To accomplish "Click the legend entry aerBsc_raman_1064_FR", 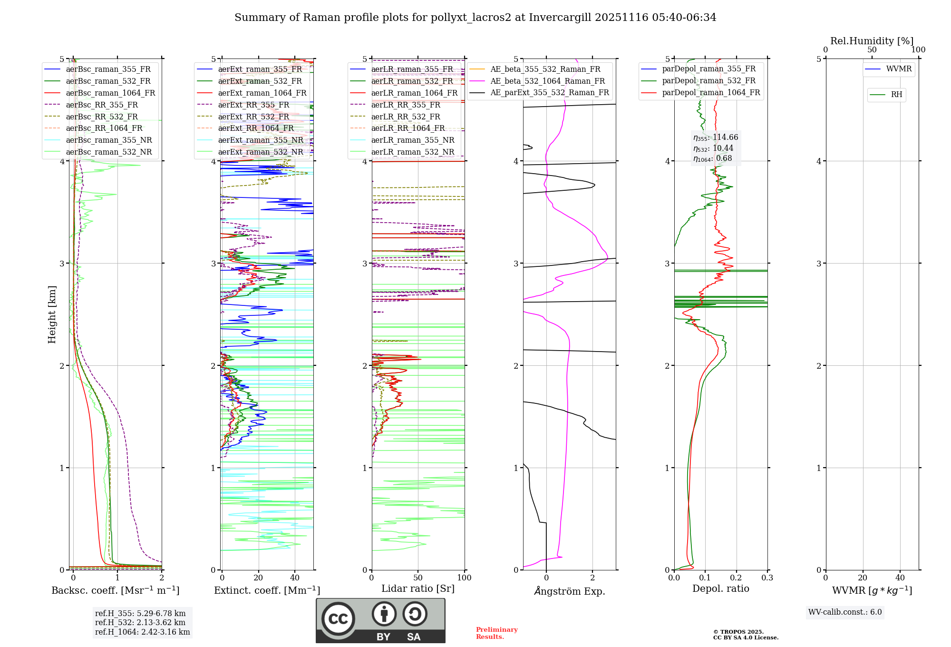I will coord(110,93).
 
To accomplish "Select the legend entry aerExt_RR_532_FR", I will coord(253,117).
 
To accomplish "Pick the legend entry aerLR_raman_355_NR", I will coord(412,140).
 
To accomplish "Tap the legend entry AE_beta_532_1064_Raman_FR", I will coord(547,81).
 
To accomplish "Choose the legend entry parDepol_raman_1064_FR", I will coord(711,92).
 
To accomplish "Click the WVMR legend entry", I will coord(899,69).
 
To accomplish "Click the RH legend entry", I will coord(896,95).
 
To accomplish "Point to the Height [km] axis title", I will coord(52,314).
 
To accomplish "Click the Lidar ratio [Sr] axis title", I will coord(417,588).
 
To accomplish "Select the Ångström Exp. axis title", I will coord(569,591).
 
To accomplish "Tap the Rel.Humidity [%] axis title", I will coord(872,41).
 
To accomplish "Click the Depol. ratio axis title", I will coord(720,588).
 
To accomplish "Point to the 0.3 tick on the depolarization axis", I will coord(767,578).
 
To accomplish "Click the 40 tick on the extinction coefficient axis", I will coord(295,578).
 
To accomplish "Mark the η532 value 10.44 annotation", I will coord(713,148).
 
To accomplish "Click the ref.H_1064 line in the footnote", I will coord(142,632).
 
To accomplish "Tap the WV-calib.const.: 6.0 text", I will coord(845,612).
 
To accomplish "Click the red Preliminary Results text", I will coord(496,633).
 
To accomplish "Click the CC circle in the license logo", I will coord(338,618).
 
